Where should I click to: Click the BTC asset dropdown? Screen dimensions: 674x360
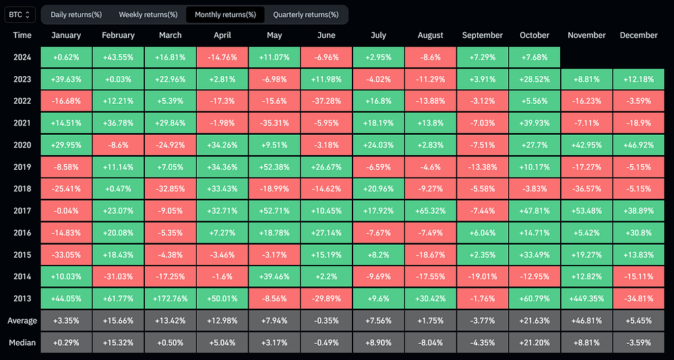pos(20,15)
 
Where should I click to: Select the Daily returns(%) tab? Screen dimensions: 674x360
pos(76,15)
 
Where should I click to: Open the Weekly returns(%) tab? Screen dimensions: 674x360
pos(148,15)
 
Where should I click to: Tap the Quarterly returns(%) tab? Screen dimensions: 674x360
pos(305,15)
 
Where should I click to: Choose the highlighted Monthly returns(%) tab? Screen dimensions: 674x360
pos(225,15)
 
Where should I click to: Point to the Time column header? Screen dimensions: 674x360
pos(22,35)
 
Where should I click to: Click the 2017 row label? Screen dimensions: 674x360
pos(22,211)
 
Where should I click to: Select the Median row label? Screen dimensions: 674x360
pos(22,342)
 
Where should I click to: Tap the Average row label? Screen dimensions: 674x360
pos(22,320)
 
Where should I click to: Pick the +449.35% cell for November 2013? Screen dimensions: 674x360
pos(586,299)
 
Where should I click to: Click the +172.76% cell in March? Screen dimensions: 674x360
pos(171,299)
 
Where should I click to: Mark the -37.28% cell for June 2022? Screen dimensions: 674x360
pos(326,101)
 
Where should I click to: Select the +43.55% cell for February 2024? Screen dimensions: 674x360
pos(118,57)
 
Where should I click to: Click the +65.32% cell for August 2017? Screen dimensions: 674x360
pos(430,211)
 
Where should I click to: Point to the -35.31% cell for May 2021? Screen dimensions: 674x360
pos(274,123)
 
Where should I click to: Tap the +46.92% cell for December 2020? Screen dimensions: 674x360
pos(638,145)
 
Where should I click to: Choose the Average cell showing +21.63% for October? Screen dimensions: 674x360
pos(534,320)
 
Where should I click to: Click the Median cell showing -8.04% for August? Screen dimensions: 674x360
pos(430,342)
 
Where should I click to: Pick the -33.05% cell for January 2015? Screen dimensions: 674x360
pos(66,255)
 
